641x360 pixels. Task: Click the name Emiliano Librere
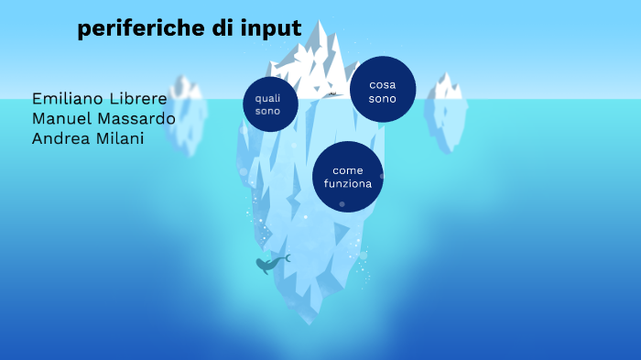(x=99, y=98)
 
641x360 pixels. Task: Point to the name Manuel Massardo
(x=103, y=118)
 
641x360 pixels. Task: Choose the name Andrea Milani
(x=88, y=138)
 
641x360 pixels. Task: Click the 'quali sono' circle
(x=270, y=104)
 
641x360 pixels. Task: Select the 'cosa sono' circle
(x=383, y=90)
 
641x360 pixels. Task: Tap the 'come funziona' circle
(x=348, y=177)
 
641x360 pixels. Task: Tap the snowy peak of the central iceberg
(x=320, y=41)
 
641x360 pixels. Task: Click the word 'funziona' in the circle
(x=348, y=183)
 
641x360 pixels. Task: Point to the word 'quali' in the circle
(x=268, y=97)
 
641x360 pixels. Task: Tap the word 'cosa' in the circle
(x=383, y=84)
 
